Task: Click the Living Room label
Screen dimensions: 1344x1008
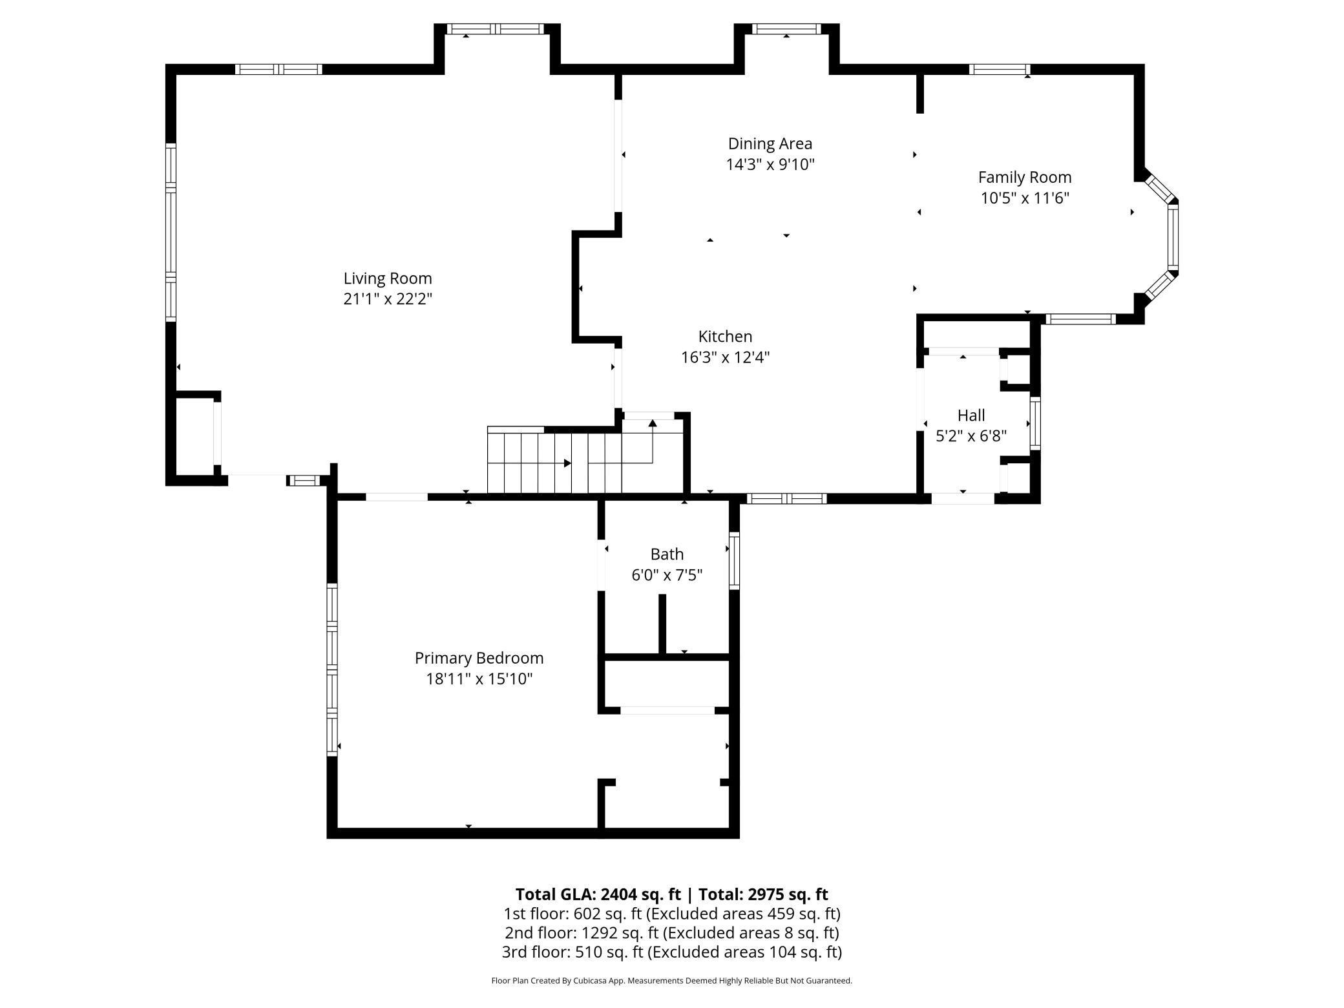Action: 388,278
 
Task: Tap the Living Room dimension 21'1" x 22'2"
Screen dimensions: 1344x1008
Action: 388,299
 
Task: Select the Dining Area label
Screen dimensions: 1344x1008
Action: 770,143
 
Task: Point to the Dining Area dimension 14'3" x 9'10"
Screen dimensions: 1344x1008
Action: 770,164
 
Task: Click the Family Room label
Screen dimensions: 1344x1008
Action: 1025,177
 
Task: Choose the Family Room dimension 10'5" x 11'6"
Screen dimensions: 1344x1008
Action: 1025,198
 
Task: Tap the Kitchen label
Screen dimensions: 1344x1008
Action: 725,337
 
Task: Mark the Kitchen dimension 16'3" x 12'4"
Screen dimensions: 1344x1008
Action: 725,357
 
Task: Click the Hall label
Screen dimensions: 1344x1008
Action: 971,415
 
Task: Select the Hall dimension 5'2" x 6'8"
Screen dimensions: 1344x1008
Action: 971,436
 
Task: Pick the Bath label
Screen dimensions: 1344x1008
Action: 667,554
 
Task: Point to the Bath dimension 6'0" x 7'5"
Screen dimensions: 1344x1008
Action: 667,575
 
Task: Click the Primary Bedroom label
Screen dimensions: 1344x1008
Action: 479,658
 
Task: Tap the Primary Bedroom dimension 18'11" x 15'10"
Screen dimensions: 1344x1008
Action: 479,679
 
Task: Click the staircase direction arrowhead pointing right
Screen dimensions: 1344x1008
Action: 567,463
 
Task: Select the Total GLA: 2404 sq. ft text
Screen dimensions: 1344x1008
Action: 598,894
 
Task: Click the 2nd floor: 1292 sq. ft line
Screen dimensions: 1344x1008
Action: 672,933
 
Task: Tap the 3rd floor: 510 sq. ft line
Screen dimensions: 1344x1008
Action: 672,952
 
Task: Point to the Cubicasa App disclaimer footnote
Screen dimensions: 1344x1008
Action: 672,981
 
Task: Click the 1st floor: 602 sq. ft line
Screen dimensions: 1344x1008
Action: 672,914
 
